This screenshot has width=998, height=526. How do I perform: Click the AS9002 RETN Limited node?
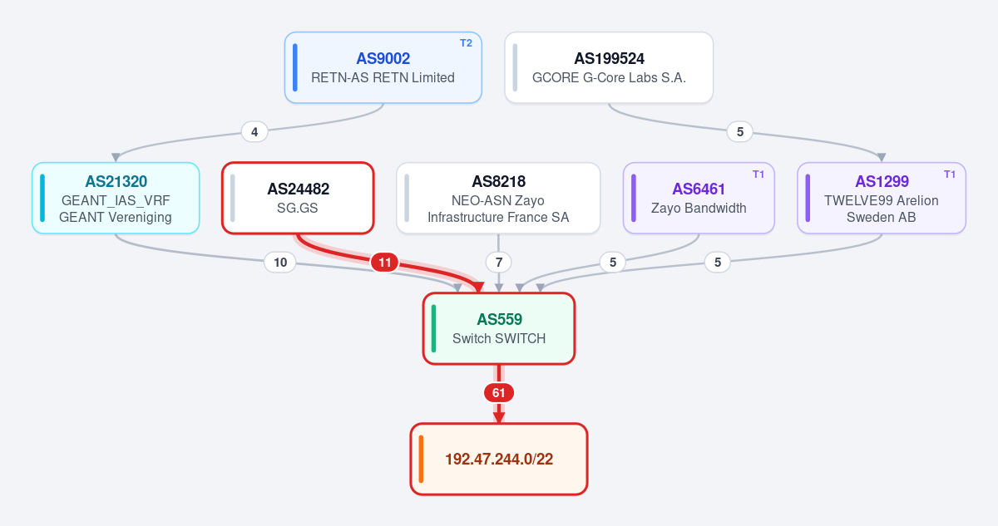point(383,67)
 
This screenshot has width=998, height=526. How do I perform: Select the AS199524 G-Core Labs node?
point(609,67)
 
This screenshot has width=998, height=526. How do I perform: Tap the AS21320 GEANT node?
point(116,198)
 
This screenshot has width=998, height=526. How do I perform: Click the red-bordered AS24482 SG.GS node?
point(298,198)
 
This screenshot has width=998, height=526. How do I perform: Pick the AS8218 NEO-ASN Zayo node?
point(498,198)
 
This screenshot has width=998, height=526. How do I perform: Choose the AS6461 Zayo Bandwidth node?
point(699,198)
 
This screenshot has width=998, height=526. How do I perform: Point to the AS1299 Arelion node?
point(882,198)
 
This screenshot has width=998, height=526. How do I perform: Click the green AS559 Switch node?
point(499,328)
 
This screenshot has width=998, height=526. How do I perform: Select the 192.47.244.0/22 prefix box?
point(499,459)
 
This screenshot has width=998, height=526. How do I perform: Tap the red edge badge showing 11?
point(384,262)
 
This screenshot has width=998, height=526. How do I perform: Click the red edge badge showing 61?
point(498,393)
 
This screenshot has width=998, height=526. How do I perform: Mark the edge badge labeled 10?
point(280,262)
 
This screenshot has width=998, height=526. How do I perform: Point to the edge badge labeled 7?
point(498,262)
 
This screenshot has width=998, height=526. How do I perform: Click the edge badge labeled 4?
point(254,132)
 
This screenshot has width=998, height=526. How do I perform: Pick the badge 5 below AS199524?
point(740,132)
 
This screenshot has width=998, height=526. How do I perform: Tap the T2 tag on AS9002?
point(466,43)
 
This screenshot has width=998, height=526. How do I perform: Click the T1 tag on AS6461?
point(758,174)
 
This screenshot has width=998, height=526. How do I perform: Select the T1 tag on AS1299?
point(950,174)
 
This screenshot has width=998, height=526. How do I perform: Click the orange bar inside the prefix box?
point(421,459)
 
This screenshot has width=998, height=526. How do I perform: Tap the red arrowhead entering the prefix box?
point(498,417)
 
